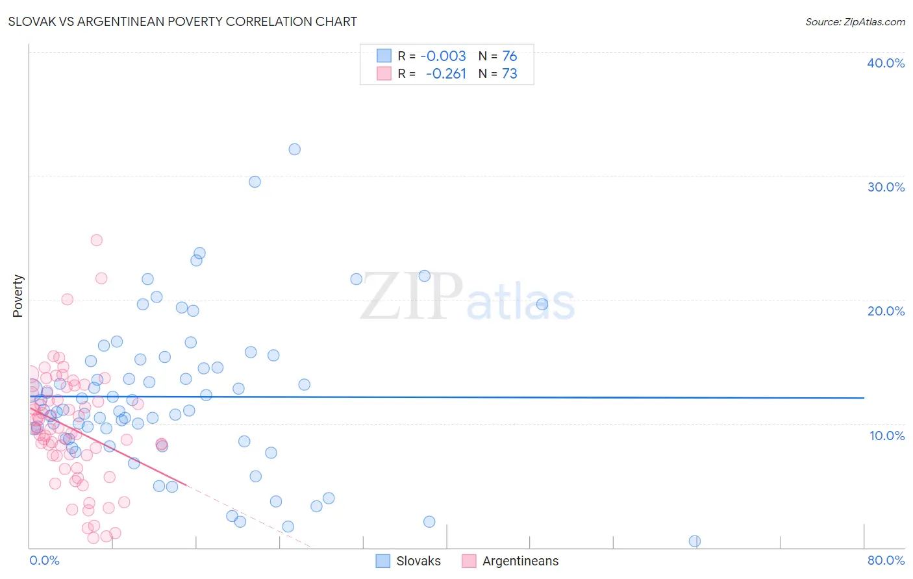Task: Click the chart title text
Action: (x=182, y=21)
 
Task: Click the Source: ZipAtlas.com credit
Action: (x=855, y=21)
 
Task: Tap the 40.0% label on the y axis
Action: (x=886, y=63)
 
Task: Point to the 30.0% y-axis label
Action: (x=886, y=187)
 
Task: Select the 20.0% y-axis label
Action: (x=886, y=311)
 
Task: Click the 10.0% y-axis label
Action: (x=887, y=436)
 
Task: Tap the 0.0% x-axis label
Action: (x=44, y=560)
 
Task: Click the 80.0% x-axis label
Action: (x=886, y=560)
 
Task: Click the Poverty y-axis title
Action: (x=18, y=296)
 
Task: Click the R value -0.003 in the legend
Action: (x=443, y=56)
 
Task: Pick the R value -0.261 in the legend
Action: (x=446, y=73)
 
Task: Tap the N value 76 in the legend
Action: (x=510, y=56)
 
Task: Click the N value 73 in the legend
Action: (x=510, y=73)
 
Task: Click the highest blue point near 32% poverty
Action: (x=294, y=149)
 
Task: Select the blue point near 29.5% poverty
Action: (x=255, y=182)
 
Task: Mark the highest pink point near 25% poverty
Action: (x=96, y=240)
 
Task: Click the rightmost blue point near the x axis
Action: (x=694, y=541)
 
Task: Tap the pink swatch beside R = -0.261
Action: (x=384, y=73)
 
